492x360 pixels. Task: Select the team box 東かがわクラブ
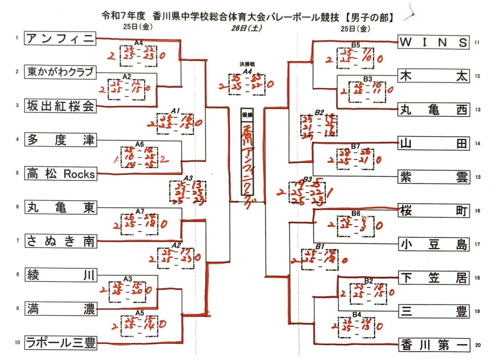click(x=61, y=72)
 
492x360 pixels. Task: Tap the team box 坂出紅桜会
click(x=61, y=106)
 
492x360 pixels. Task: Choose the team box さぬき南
click(x=61, y=241)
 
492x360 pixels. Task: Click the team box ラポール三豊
click(x=61, y=343)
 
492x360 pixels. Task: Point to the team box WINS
click(x=434, y=42)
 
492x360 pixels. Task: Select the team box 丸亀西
click(x=434, y=110)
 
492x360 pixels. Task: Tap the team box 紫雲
click(x=434, y=177)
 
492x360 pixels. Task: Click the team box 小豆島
click(x=434, y=244)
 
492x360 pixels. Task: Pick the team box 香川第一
click(x=434, y=345)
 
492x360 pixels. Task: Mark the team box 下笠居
click(x=434, y=278)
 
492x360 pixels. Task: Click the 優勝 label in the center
click(x=247, y=116)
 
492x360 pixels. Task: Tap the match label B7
click(x=356, y=146)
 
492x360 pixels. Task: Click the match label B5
click(x=356, y=45)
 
